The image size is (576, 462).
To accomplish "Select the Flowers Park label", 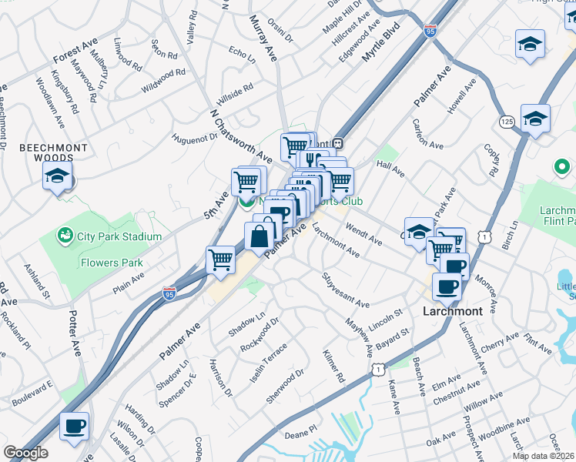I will (x=112, y=263).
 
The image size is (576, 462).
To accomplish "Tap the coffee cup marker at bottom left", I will (x=75, y=427).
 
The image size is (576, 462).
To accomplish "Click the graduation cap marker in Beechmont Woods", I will (x=58, y=176).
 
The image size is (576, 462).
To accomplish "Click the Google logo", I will (x=25, y=453).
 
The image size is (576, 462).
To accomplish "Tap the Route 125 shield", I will (x=507, y=122).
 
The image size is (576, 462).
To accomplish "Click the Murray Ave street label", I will (x=263, y=40).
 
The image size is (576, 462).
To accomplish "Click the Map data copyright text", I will (x=543, y=454).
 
